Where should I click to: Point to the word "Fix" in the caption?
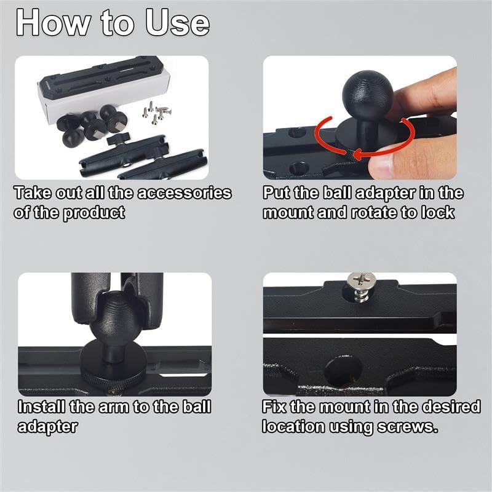[274, 407]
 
